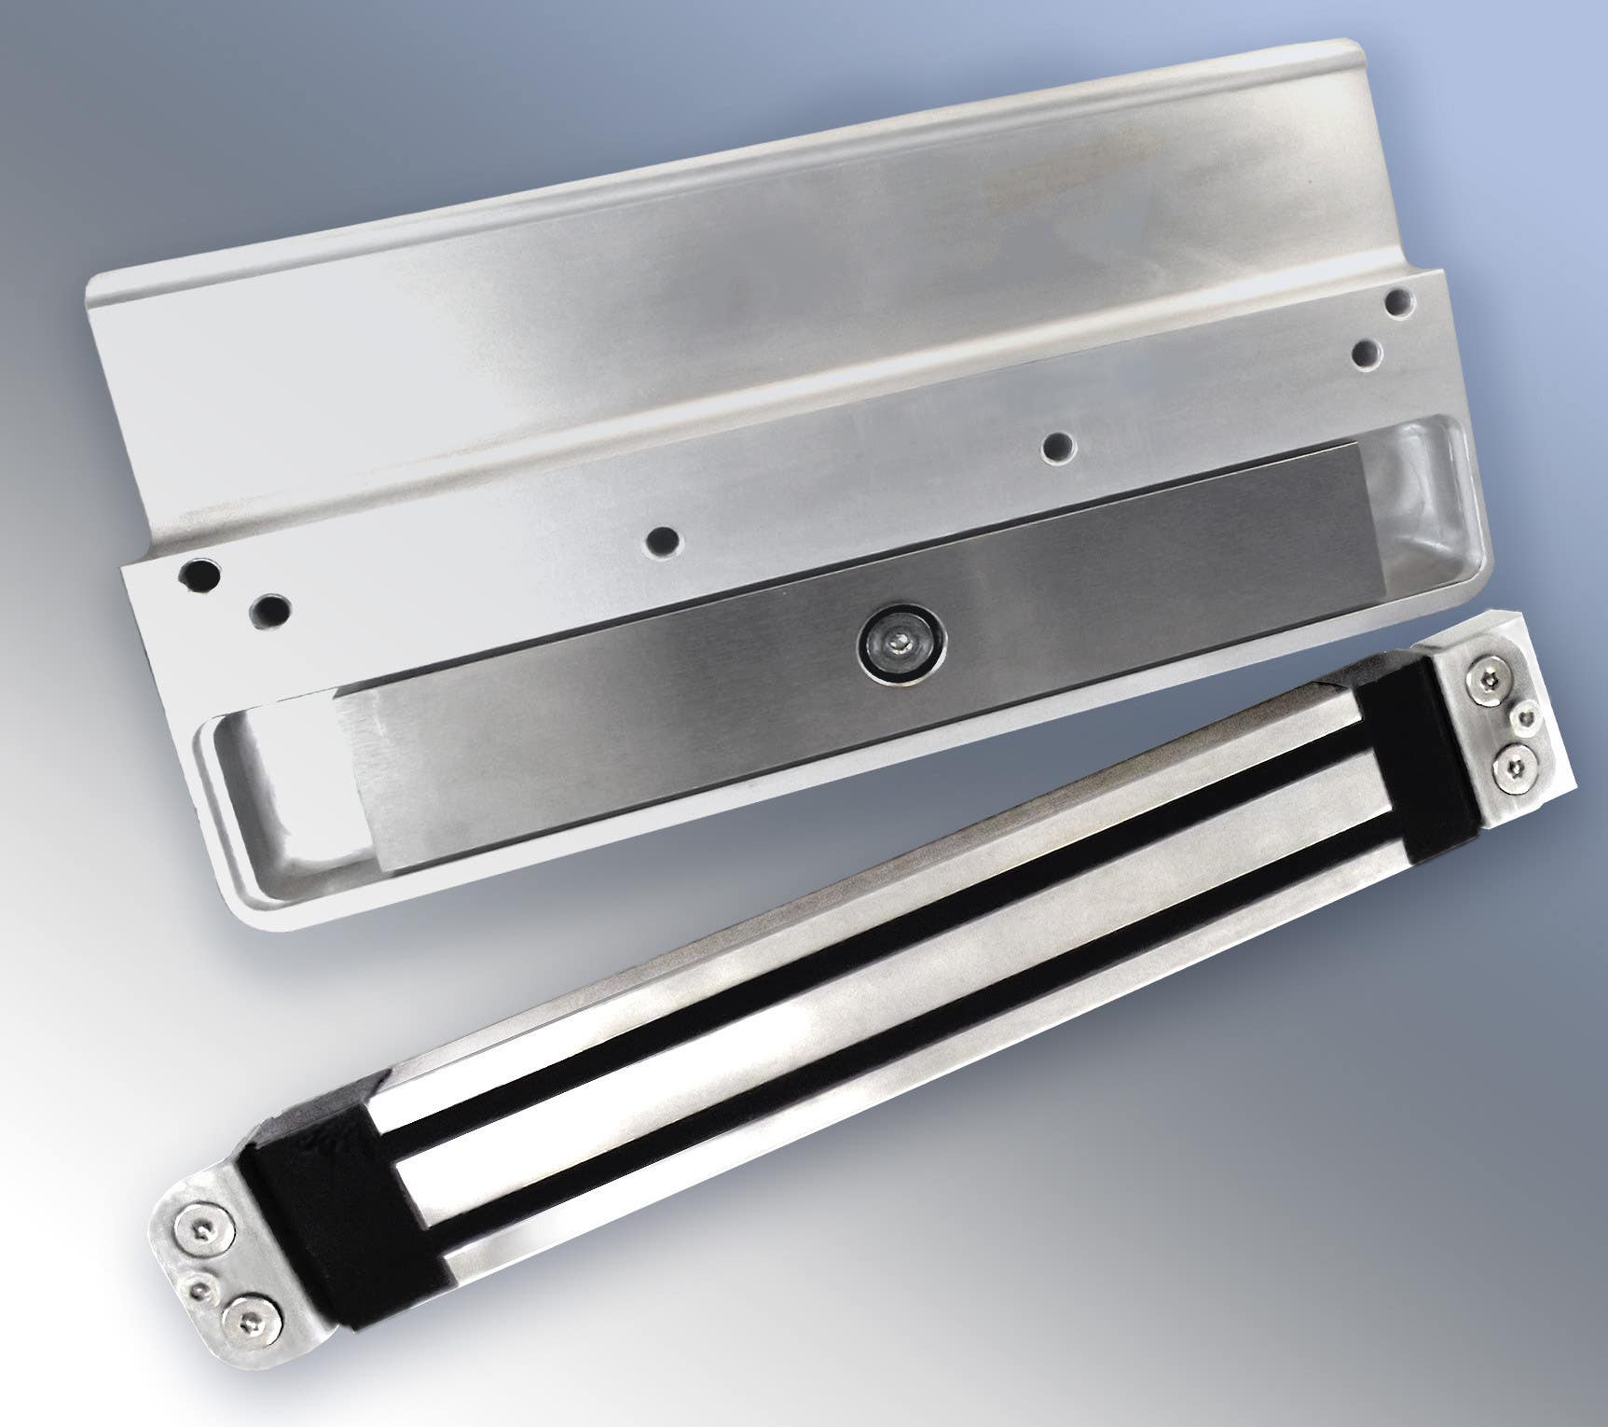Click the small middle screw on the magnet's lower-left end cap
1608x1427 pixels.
(x=199, y=1288)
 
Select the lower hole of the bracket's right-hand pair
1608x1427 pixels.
(x=1367, y=354)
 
